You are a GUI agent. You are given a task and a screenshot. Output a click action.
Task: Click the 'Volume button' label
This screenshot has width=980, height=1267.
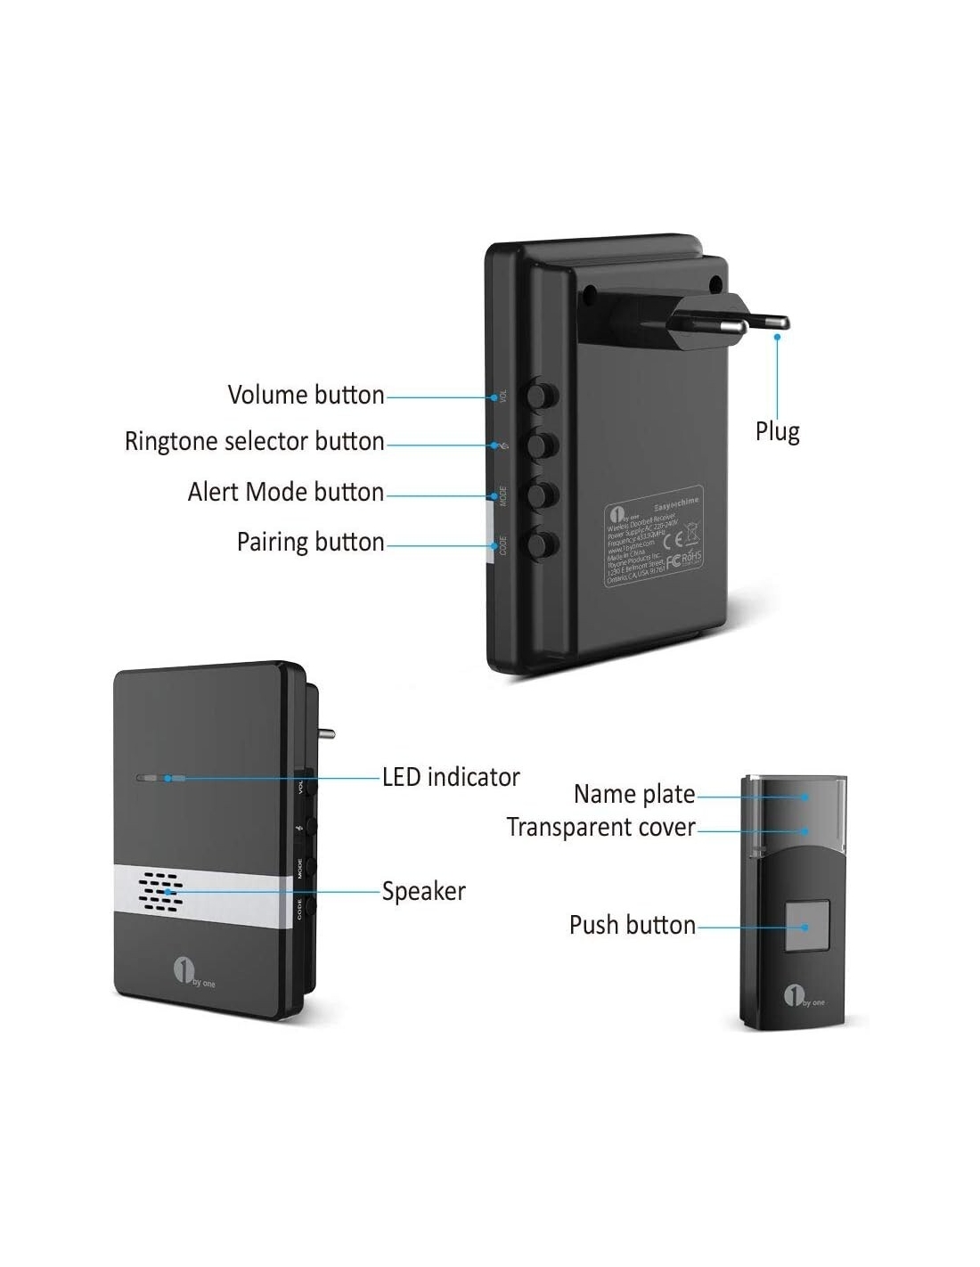pyautogui.click(x=306, y=395)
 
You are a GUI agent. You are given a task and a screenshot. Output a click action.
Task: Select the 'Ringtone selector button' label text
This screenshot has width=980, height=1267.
pyautogui.click(x=255, y=442)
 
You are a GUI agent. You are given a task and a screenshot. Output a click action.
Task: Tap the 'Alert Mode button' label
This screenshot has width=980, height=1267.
pyautogui.click(x=286, y=492)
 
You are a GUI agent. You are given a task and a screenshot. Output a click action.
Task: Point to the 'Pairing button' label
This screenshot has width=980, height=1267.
pyautogui.click(x=310, y=542)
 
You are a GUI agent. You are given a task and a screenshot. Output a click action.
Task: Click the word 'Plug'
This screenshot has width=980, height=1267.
pyautogui.click(x=777, y=432)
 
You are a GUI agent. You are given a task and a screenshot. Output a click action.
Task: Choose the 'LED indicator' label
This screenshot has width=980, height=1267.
pyautogui.click(x=451, y=777)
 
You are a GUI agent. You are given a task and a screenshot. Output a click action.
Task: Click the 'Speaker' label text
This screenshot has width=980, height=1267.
pyautogui.click(x=423, y=891)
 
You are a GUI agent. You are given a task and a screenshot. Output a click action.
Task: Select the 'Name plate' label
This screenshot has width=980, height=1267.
pyautogui.click(x=633, y=794)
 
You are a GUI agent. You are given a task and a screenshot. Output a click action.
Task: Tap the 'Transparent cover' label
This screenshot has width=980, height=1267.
pyautogui.click(x=600, y=828)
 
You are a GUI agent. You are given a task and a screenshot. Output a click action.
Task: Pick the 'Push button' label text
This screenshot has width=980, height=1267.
pyautogui.click(x=632, y=925)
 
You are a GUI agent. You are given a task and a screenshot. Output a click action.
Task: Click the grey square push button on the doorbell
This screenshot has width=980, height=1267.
pyautogui.click(x=808, y=927)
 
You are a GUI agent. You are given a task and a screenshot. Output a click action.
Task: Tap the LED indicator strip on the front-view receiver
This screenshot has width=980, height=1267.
pyautogui.click(x=161, y=778)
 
